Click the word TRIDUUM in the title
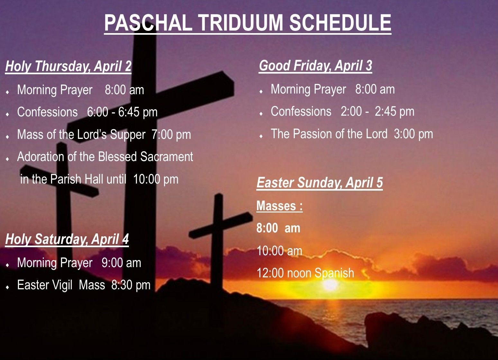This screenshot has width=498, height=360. [241, 22]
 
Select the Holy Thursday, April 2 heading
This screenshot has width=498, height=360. [68, 67]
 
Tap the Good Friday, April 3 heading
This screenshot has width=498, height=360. [315, 66]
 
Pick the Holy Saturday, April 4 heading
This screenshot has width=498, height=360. [67, 239]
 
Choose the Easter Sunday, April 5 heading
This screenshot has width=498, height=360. [320, 183]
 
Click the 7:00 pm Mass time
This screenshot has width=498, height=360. [171, 134]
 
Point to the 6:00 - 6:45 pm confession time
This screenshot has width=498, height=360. [122, 112]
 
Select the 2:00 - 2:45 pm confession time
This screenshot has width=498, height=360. [377, 111]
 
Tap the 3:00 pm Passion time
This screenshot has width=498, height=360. [413, 134]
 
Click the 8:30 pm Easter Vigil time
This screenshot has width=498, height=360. [131, 285]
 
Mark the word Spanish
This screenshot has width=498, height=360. [334, 273]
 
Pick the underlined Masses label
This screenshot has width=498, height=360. [279, 206]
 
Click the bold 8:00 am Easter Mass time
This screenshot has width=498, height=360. [278, 228]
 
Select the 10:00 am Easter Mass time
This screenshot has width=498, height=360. [279, 251]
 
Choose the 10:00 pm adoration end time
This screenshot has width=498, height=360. [156, 179]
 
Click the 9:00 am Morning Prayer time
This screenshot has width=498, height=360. [122, 263]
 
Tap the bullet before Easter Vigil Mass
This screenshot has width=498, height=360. [8, 287]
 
